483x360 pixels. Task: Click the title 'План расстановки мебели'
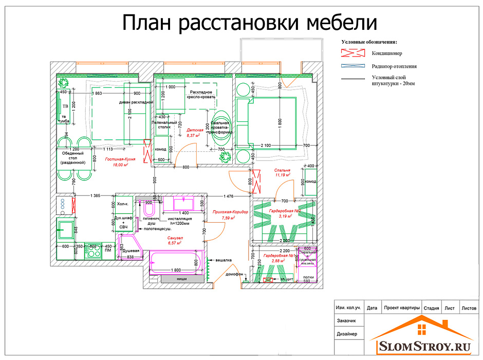[x=250, y=23]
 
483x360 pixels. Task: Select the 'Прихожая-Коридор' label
[x=230, y=212]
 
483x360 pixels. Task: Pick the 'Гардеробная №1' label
[x=278, y=256]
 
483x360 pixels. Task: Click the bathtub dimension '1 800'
[x=176, y=269]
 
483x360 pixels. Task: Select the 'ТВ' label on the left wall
[x=65, y=106]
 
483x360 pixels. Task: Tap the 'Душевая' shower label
[x=131, y=251]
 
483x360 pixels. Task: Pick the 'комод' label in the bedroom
[x=310, y=182]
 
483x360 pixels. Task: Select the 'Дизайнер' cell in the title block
[x=347, y=334]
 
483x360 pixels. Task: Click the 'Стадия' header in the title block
[x=431, y=309]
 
